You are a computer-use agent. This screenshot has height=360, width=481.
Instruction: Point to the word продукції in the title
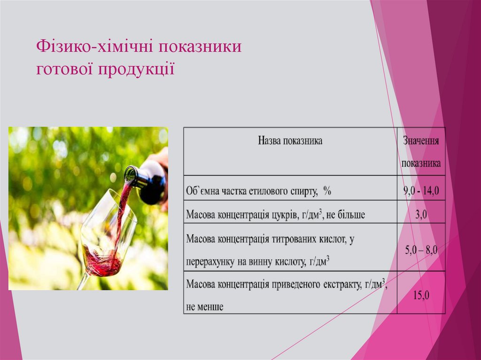(x=136, y=69)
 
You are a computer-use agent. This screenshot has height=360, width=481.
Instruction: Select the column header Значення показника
(x=421, y=152)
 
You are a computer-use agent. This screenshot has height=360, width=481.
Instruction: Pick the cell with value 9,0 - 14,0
(x=421, y=191)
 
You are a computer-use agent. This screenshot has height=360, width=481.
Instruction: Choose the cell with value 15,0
(x=421, y=296)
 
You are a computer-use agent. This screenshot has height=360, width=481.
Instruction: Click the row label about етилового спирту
(x=259, y=191)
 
